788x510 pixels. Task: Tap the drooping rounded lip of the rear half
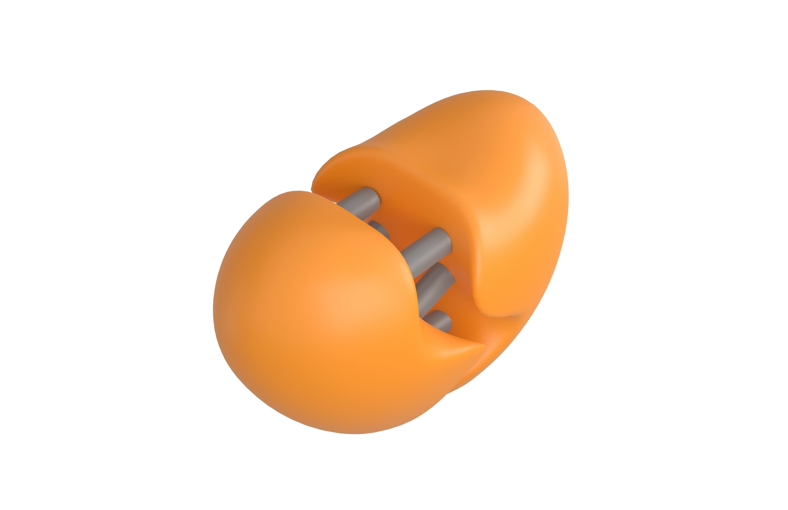click(497, 308)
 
